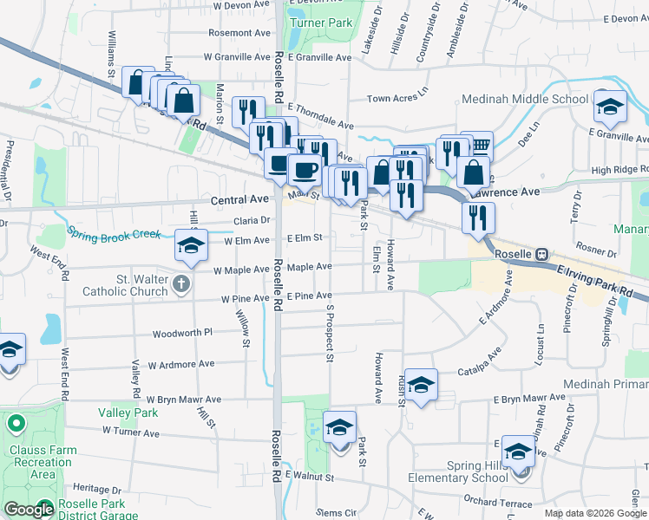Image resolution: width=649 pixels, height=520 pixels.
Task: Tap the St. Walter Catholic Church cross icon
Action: click(180, 283)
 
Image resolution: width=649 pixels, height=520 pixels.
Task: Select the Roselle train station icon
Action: click(541, 254)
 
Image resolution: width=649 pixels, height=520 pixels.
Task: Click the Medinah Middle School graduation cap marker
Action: click(611, 107)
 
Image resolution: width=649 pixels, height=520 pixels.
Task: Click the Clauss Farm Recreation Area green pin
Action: click(16, 426)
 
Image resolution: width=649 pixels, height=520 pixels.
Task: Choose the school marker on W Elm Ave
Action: click(192, 246)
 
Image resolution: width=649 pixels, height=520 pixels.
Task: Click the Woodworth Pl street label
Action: click(182, 333)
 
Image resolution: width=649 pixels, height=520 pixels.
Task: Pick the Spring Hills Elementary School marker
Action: click(519, 452)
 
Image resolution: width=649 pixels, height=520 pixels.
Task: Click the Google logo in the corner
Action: click(29, 510)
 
